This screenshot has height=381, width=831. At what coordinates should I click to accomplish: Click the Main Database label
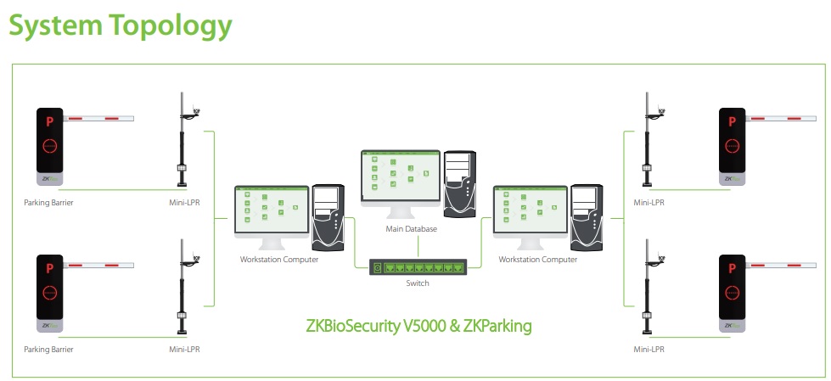point(411,229)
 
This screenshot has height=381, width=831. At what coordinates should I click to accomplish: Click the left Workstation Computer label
point(279,260)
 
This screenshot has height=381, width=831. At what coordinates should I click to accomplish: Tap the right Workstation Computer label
point(537,260)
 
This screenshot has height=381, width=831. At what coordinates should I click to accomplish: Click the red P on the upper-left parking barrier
point(50,122)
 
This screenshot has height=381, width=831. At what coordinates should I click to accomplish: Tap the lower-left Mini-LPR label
point(184,349)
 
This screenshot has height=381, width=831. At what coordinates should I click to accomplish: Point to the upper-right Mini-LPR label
point(649,203)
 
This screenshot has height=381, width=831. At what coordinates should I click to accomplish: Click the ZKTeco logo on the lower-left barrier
point(51,325)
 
